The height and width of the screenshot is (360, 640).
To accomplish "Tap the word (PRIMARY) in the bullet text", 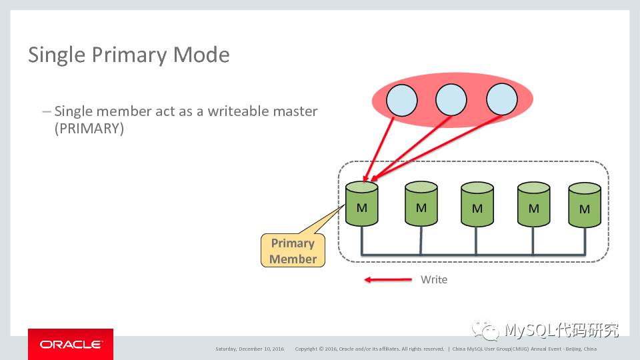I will pyautogui.click(x=89, y=129).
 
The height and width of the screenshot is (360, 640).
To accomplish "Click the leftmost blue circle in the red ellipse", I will pyautogui.click(x=401, y=101).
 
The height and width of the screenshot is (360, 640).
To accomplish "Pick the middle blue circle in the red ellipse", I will pyautogui.click(x=451, y=100).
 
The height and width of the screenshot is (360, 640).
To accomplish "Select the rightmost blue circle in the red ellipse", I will pyautogui.click(x=501, y=100).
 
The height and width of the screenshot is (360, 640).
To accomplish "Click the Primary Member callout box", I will pyautogui.click(x=293, y=251).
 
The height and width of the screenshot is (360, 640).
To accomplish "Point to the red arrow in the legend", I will pyautogui.click(x=388, y=280).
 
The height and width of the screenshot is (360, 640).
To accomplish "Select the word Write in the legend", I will pyautogui.click(x=434, y=280).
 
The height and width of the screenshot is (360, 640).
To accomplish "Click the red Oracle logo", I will pyautogui.click(x=71, y=344).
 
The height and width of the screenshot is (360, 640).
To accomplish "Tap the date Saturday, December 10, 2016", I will pyautogui.click(x=250, y=349).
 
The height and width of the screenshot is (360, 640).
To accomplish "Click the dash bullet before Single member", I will pyautogui.click(x=46, y=111).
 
